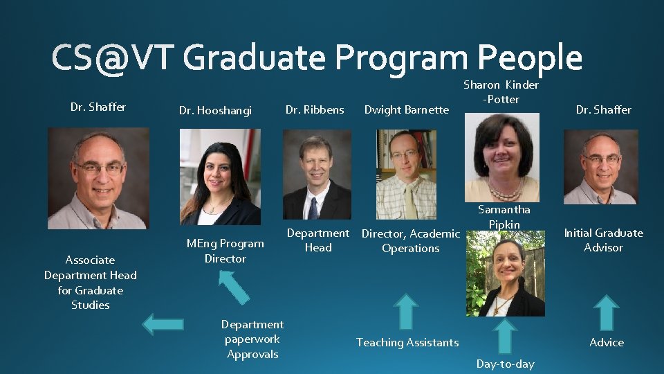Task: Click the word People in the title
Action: tap(530, 57)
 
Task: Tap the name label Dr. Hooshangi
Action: tap(215, 110)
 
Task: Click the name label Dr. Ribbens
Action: tap(315, 109)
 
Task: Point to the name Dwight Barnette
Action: tap(406, 109)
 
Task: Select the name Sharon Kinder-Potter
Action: tap(501, 92)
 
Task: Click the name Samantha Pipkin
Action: tap(504, 217)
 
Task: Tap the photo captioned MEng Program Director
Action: tap(220, 177)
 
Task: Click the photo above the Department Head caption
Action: tap(317, 175)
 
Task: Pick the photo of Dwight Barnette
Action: tap(406, 175)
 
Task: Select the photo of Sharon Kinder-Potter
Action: tap(501, 157)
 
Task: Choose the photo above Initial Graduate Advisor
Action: tap(600, 167)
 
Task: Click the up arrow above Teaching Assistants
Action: tap(407, 311)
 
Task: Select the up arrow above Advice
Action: tap(607, 312)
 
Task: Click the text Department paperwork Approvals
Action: tap(252, 339)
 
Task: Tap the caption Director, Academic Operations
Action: tap(410, 241)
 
